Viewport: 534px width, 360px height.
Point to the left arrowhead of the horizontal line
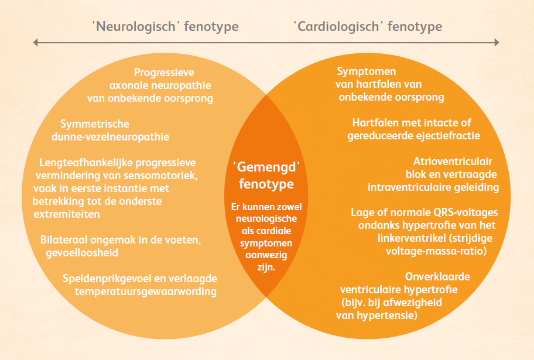coord(35,43)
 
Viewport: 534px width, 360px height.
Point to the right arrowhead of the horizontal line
coord(497,43)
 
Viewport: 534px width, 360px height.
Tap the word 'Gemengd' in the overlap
coord(266,167)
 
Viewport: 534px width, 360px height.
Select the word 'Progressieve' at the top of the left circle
coord(164,73)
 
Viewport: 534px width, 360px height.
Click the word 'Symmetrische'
coord(95,124)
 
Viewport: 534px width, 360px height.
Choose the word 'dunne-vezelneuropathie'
coord(110,137)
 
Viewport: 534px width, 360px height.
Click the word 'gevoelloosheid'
coord(82,253)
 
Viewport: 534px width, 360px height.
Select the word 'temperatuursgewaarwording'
coord(146,292)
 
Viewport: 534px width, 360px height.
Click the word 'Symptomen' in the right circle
coord(367,71)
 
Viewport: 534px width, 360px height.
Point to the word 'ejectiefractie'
coord(447,136)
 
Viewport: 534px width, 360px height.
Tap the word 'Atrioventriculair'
coord(453,162)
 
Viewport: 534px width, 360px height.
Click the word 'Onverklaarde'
coord(437,276)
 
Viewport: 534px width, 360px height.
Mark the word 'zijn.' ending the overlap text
coord(266,268)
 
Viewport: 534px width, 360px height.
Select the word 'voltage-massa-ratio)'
coord(436,251)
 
